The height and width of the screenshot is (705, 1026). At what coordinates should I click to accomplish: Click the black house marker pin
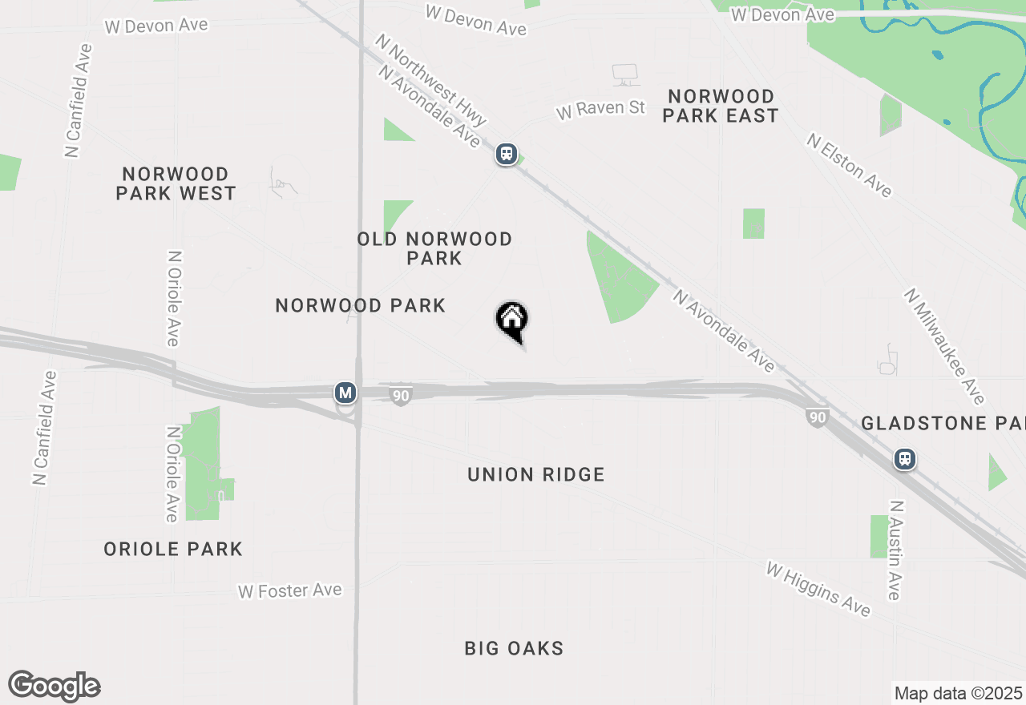click(512, 320)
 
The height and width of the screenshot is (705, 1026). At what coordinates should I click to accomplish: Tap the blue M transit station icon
click(345, 393)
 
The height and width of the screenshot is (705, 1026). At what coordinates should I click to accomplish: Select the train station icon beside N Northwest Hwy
click(506, 154)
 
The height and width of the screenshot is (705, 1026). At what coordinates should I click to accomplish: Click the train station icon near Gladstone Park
click(905, 460)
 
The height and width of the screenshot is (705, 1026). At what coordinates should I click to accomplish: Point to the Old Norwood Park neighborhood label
click(434, 248)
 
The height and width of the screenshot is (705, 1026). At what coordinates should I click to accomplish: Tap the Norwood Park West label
click(176, 183)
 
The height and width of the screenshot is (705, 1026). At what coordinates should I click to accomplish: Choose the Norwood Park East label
click(721, 106)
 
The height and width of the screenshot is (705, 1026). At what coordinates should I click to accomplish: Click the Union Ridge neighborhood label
click(535, 474)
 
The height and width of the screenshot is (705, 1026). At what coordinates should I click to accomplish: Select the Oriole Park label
click(173, 549)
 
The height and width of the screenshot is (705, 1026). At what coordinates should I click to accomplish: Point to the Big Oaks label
click(514, 648)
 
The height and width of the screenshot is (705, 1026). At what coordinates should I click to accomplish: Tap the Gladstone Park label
click(943, 423)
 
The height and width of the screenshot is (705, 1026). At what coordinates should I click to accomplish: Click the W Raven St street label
click(600, 108)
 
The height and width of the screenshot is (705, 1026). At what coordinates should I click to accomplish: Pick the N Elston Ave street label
click(849, 165)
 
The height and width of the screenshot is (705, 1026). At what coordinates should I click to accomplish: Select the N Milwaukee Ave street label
click(943, 346)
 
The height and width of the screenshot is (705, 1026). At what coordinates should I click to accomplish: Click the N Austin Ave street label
click(895, 550)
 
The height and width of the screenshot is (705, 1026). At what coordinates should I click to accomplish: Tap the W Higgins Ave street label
click(818, 589)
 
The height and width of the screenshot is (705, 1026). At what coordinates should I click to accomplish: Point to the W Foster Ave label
click(290, 591)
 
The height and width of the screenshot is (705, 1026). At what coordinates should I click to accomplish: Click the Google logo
click(55, 686)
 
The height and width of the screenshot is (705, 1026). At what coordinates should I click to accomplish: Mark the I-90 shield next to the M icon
click(401, 396)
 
